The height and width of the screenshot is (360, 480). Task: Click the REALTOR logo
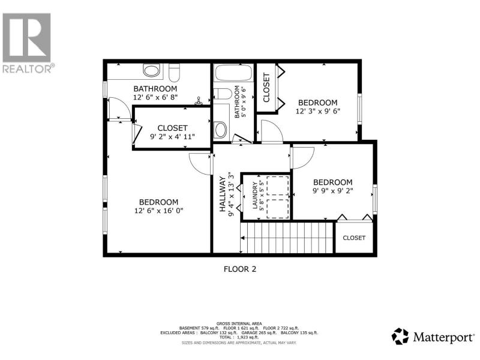(29, 43)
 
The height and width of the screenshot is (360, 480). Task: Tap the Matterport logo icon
(400, 336)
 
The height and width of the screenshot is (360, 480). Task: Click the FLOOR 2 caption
(240, 269)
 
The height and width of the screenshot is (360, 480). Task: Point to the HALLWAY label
(223, 194)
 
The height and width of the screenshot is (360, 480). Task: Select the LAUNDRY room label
(254, 196)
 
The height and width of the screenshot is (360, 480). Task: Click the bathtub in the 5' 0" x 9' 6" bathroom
(233, 73)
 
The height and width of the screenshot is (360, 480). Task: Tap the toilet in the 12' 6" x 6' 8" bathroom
(174, 73)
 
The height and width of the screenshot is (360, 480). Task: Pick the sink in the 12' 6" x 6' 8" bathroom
(152, 70)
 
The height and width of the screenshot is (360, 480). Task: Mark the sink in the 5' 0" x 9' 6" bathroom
(221, 130)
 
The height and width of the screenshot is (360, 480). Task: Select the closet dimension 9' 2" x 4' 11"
(172, 137)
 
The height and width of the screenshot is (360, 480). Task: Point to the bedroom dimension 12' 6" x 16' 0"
(158, 211)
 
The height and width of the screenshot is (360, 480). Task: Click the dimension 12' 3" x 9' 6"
(318, 111)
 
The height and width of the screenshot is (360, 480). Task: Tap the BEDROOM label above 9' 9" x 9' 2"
(333, 182)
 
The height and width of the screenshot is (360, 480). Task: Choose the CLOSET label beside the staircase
(354, 238)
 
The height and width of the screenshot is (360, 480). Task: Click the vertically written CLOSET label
(266, 88)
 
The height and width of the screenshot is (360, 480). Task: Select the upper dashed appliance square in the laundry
(278, 186)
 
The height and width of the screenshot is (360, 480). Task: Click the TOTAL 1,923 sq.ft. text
(239, 337)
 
